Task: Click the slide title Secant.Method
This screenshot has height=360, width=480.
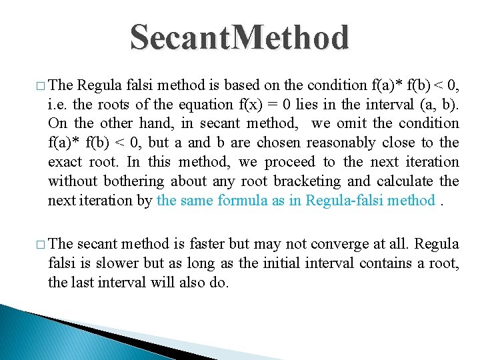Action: [239, 37]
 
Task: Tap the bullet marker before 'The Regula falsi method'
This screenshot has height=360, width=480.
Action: [41, 85]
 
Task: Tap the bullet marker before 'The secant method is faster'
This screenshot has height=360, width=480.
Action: [41, 244]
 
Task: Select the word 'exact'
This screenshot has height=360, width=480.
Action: [65, 162]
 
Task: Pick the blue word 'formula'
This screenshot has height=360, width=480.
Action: [243, 201]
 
